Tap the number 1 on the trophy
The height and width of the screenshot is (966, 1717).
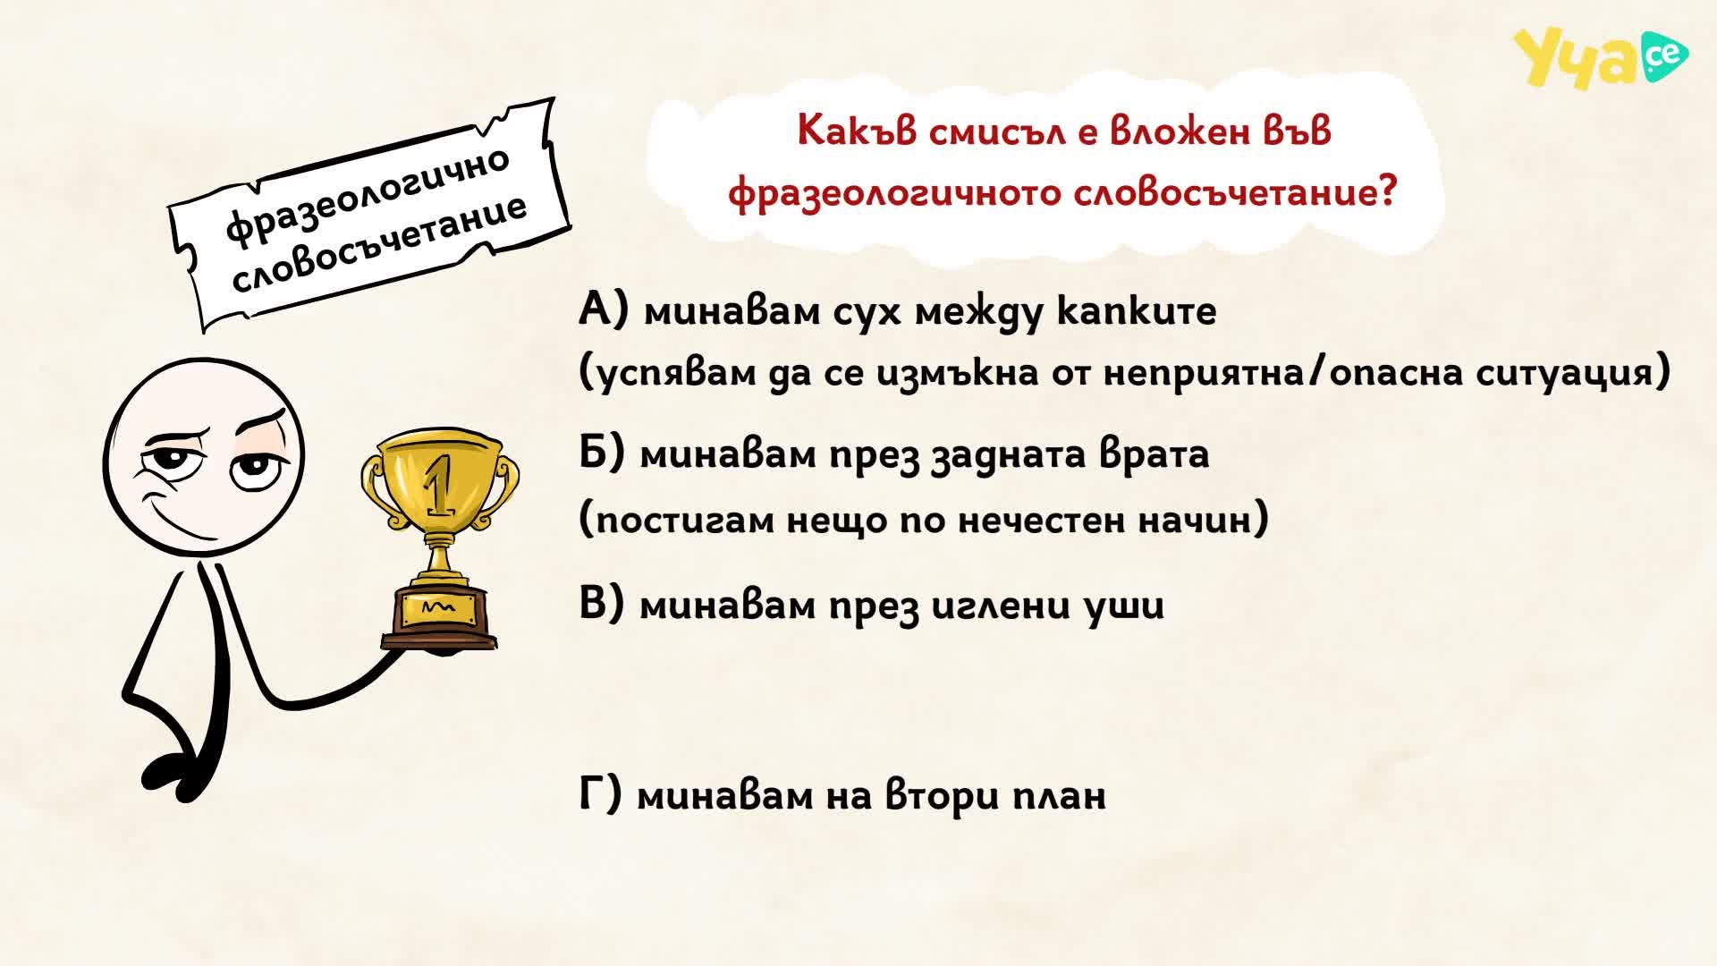click(438, 483)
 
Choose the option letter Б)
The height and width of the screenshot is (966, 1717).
click(602, 453)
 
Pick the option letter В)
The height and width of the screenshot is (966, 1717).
click(601, 605)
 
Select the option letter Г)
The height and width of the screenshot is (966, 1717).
click(600, 794)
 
